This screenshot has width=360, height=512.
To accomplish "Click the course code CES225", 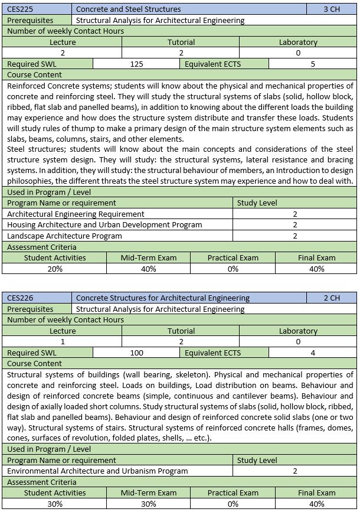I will (x=19, y=9).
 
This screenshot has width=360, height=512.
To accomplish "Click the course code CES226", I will (x=19, y=298).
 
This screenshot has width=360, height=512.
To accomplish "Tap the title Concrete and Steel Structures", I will (x=129, y=9).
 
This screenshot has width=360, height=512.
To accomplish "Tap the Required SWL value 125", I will (x=136, y=64).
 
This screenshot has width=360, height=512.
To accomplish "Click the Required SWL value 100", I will (x=136, y=353).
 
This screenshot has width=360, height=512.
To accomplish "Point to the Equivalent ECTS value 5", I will (x=313, y=64).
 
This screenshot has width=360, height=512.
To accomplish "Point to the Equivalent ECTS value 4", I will (x=313, y=353).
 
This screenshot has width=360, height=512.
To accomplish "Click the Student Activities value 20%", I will (x=55, y=269).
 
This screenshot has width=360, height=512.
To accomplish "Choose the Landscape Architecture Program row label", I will (x=64, y=236).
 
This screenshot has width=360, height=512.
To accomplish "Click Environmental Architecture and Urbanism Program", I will (x=97, y=471).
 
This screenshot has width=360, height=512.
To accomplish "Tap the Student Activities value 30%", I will (x=55, y=504).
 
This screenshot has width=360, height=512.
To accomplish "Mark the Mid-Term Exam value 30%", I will (x=149, y=504).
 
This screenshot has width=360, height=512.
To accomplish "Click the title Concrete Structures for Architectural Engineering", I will (x=163, y=298).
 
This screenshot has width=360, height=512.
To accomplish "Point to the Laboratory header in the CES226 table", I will (x=298, y=331).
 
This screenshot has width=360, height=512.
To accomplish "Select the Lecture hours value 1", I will (x=63, y=341).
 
